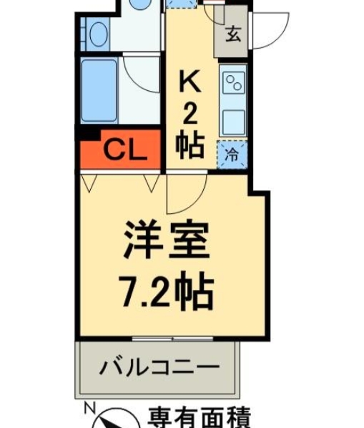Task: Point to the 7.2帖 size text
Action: (x=167, y=293)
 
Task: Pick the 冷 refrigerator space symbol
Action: (x=232, y=155)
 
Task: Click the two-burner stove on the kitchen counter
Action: (x=234, y=83)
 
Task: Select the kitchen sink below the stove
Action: (x=234, y=122)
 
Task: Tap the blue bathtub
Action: (x=99, y=91)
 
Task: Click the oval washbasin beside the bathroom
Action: (x=98, y=34)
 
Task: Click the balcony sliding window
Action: (x=172, y=339)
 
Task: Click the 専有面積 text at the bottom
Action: (x=199, y=418)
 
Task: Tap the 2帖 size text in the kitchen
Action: (x=190, y=133)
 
